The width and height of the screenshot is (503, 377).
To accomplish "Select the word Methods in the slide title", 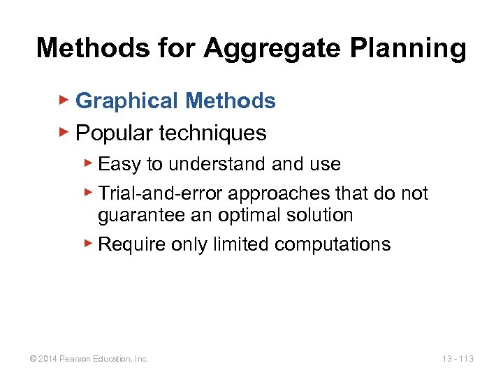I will click(82, 48).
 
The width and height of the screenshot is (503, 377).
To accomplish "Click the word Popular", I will click(117, 133).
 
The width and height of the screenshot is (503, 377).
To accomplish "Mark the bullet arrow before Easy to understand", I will click(88, 163).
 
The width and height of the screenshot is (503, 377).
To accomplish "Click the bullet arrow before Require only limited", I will click(88, 243).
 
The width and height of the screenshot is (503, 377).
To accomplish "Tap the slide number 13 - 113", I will click(458, 359).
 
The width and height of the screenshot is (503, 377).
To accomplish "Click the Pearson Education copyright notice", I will click(88, 359).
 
